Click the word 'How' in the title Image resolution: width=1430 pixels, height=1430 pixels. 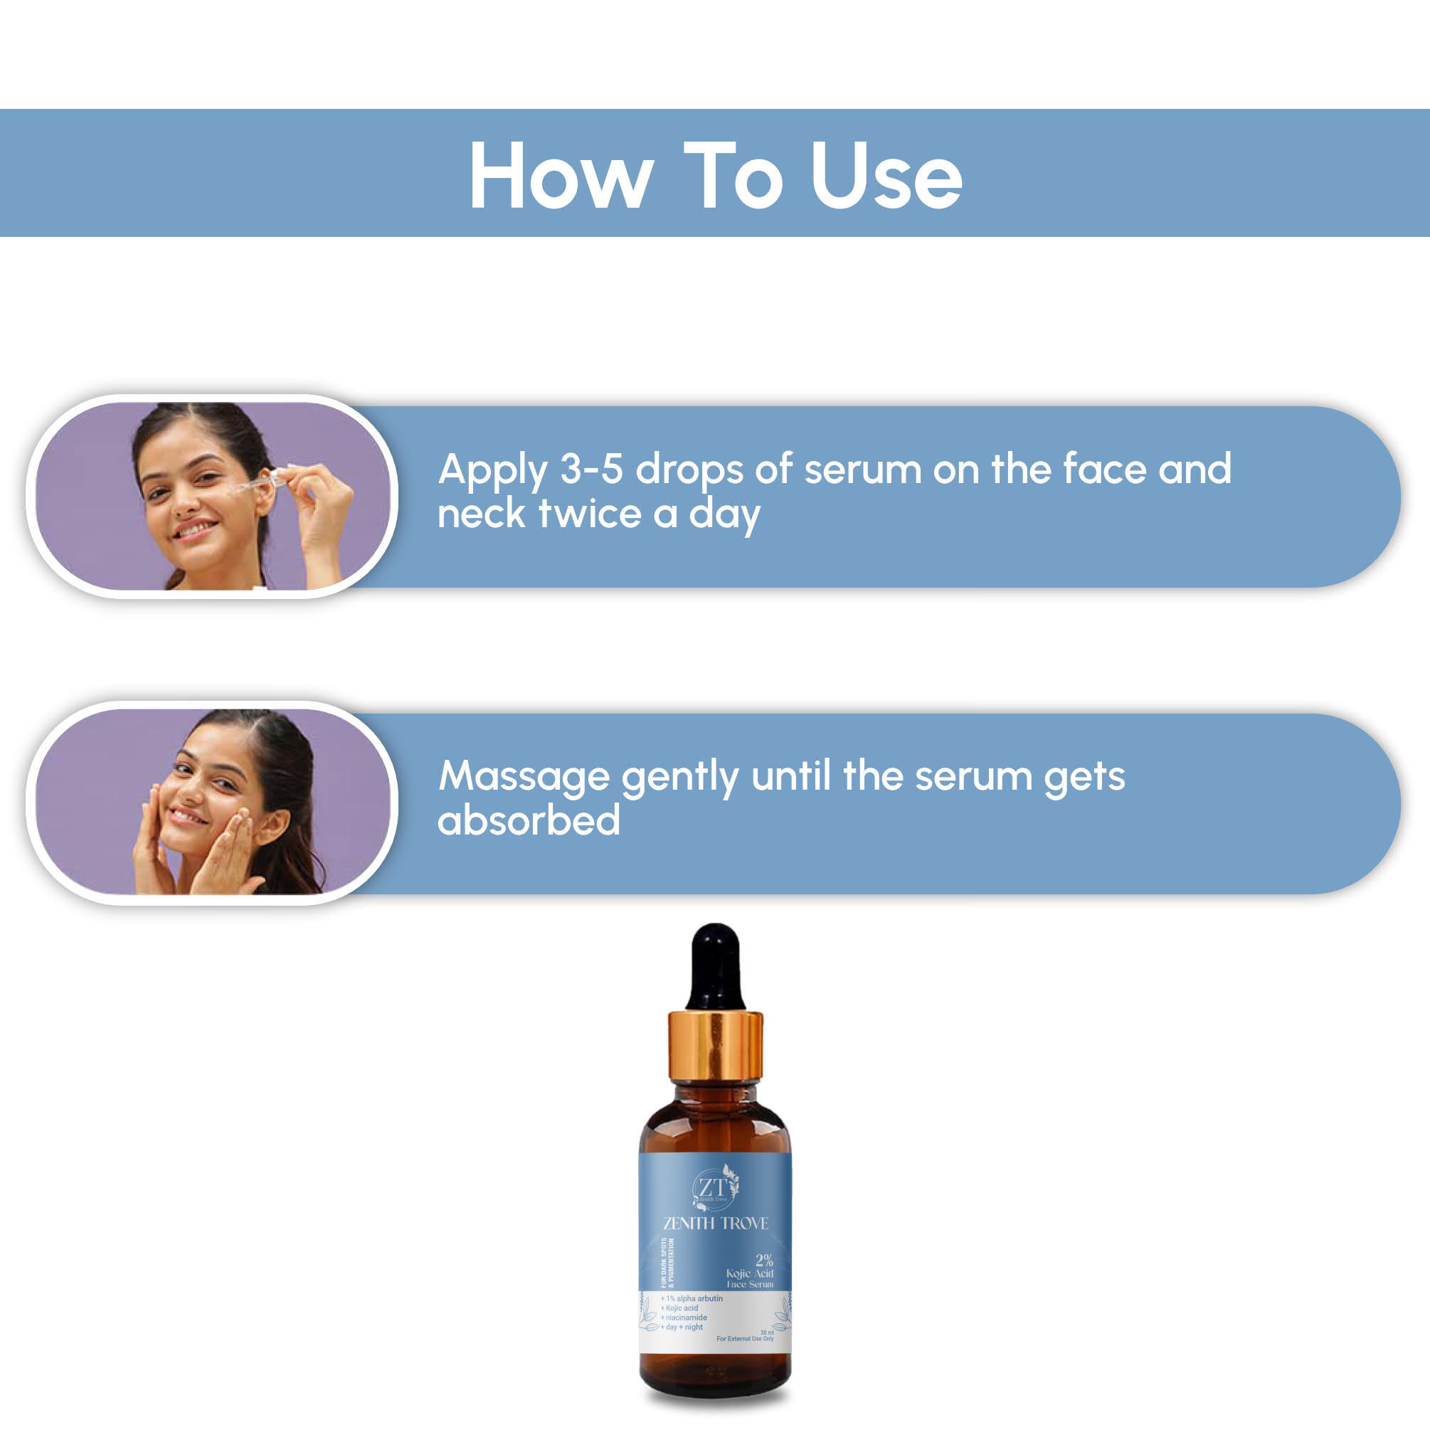point(561,176)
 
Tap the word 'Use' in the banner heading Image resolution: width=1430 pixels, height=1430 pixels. point(886,176)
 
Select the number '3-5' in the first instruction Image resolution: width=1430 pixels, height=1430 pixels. point(590,470)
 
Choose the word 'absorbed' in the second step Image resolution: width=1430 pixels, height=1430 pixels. point(529,820)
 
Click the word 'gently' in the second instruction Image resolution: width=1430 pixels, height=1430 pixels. point(679,777)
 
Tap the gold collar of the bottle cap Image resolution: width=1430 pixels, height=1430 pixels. point(715,1045)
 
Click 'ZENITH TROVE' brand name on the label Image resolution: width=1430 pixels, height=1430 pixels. point(716,1224)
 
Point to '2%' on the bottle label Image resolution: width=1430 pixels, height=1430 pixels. point(764,1260)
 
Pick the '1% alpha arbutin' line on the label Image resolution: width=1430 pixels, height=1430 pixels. point(692,1298)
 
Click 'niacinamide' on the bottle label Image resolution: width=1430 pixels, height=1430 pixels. point(685,1318)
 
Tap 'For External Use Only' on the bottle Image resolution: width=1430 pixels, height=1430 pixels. point(745,1338)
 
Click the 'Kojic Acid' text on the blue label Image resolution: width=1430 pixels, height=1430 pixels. point(749,1273)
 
